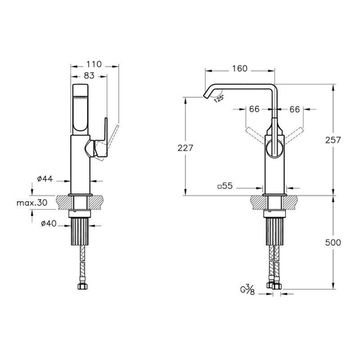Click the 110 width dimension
pos(94,64)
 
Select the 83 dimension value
pos(89,75)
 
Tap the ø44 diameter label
pos(45,179)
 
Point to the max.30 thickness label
pos(32,202)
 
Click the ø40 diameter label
pos(49,223)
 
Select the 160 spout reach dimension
pos(240,68)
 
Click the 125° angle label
pos(219,99)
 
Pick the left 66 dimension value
pos(254,109)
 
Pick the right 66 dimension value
pos(295,109)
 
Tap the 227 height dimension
pos(185,148)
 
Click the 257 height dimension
pos(333,140)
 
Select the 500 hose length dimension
pos(333,243)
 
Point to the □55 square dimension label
pos(225,186)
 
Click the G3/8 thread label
pos(247,289)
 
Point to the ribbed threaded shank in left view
pos(81,231)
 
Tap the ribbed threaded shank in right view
pos(274,231)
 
